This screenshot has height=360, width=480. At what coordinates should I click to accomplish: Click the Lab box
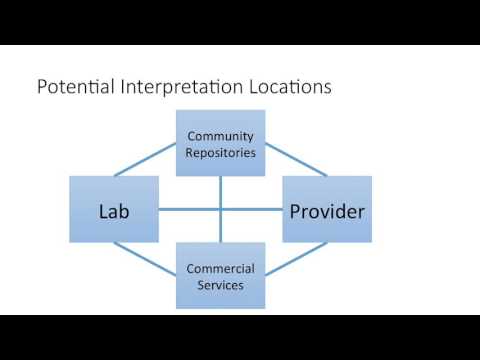coord(114,209)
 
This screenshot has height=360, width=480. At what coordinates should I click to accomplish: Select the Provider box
coord(326,209)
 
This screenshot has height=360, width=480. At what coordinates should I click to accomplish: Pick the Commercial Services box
coord(220,277)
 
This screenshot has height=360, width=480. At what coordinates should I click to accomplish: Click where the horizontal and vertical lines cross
coord(220,210)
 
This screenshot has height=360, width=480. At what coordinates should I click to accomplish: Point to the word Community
coord(220,136)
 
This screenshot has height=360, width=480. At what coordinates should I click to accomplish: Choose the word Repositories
coord(220,153)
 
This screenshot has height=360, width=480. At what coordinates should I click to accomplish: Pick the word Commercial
coord(220,269)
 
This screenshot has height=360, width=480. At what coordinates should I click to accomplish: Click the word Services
coord(220,286)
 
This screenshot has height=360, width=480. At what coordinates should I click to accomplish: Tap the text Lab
coord(114,211)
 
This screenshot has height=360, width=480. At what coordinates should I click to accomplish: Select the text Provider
coord(326,211)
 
